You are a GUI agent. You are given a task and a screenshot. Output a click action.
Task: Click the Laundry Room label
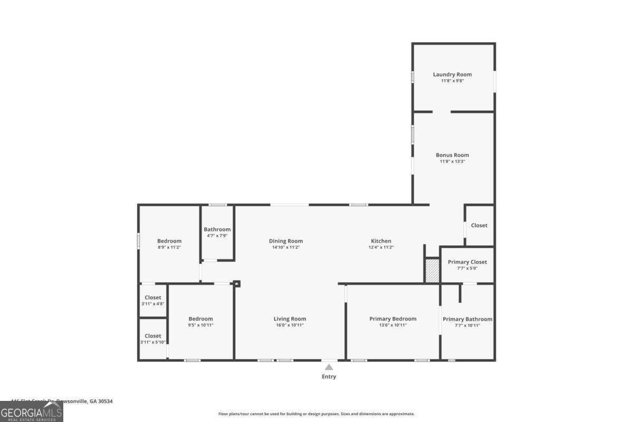click(452, 74)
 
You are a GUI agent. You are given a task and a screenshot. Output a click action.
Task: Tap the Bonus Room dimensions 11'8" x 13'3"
click(452, 161)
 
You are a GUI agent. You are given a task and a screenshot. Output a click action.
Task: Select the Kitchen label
click(381, 241)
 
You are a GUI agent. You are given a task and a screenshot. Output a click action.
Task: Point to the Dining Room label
click(285, 241)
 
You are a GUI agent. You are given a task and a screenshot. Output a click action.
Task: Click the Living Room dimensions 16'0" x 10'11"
click(290, 325)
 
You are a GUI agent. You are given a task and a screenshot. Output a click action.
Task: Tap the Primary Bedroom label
click(392, 319)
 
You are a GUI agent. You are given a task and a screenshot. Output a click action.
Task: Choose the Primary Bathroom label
click(467, 319)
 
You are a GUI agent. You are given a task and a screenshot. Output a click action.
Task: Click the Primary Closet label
click(467, 262)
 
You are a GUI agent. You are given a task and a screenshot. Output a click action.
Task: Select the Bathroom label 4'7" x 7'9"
click(217, 229)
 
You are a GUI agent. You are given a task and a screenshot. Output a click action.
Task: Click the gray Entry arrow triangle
click(329, 367)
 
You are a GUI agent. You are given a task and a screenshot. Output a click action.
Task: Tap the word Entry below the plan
click(329, 377)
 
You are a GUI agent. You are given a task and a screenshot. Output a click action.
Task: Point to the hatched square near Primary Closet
click(432, 270)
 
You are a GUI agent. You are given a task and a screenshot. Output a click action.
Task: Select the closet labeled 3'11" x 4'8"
click(153, 301)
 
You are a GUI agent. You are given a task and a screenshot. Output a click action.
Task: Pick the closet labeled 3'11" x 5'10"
click(153, 339)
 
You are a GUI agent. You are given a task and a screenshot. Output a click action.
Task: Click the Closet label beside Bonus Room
click(479, 225)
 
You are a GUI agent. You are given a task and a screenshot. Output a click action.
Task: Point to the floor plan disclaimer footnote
click(316, 414)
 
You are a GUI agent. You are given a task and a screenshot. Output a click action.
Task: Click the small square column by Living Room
click(237, 284)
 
